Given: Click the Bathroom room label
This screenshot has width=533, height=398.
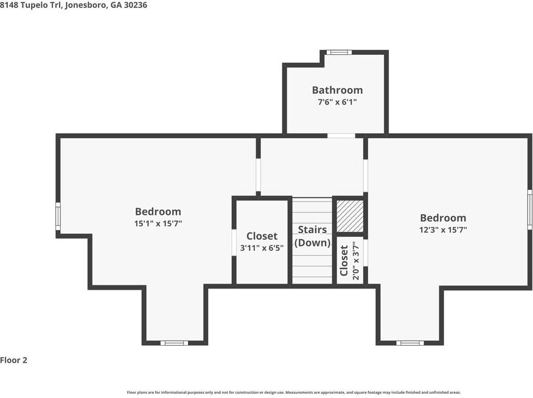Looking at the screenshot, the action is click(x=337, y=90).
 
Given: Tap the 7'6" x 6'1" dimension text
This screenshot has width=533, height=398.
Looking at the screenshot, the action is click(x=337, y=102).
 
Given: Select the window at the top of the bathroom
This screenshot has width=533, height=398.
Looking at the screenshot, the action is click(x=339, y=52).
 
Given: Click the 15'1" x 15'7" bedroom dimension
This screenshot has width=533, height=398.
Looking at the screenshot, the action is click(x=158, y=223).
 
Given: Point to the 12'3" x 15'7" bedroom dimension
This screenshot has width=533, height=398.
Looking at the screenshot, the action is click(x=443, y=230).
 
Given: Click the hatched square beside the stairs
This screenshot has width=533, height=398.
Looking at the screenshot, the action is click(x=350, y=216).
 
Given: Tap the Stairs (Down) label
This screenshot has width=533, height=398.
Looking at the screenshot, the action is click(x=312, y=236).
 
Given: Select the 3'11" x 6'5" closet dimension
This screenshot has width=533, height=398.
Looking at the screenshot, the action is click(x=262, y=248).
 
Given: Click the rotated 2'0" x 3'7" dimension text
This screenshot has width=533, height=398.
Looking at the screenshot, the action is click(x=356, y=260).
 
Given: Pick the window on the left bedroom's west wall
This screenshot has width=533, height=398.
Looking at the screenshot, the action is click(x=58, y=216).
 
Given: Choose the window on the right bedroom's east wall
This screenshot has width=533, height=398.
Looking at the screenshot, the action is click(x=529, y=210).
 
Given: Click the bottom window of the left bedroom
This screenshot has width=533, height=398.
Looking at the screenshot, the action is click(x=174, y=343).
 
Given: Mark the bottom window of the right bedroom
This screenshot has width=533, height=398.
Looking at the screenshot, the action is click(x=410, y=343).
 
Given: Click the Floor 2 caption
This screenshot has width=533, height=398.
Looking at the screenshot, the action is click(x=13, y=360).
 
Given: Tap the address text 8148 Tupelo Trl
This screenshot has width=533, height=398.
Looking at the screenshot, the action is click(x=30, y=5).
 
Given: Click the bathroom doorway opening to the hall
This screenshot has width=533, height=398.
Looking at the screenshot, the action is click(x=341, y=136).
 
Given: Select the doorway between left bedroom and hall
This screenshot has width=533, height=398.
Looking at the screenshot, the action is click(x=259, y=175).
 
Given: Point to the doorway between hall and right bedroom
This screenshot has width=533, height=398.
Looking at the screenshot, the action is click(x=366, y=176).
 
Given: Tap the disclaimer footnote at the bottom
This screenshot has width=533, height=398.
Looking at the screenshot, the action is click(x=294, y=393).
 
